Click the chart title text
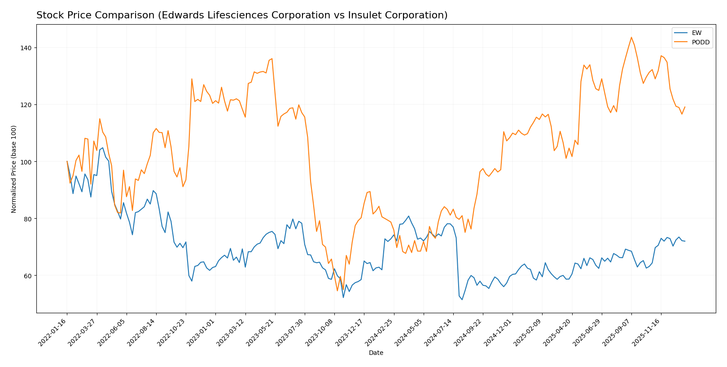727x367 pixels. (x=242, y=15)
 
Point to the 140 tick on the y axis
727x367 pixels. (x=27, y=48)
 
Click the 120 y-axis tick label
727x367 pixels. (x=27, y=105)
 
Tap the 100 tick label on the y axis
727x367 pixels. (x=27, y=162)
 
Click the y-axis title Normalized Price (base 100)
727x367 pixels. (x=14, y=169)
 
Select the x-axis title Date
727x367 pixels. (x=376, y=353)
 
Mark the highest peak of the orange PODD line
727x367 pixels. (x=631, y=37)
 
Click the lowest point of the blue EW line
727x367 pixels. (x=462, y=299)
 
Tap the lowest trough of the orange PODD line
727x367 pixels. (x=337, y=291)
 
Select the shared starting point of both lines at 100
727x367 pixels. (x=67, y=161)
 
